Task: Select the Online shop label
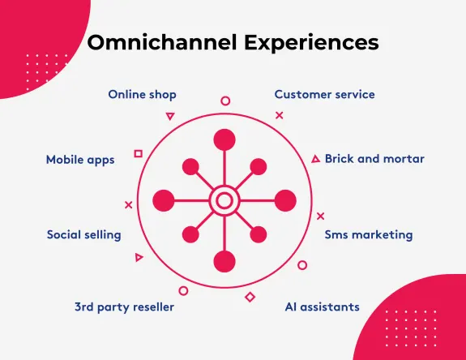(142, 94)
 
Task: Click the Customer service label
(324, 94)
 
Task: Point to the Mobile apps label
(80, 160)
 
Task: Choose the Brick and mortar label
(374, 158)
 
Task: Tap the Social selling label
(83, 234)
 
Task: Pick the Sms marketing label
(369, 234)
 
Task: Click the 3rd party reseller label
(124, 306)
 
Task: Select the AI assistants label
(322, 306)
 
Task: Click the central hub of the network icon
(224, 199)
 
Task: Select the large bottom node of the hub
(224, 261)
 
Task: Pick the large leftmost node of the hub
(164, 199)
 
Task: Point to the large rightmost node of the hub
(285, 199)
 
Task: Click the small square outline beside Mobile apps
(138, 153)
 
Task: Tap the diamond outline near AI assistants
(250, 297)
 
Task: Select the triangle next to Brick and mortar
(315, 159)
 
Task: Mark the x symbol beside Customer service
(280, 115)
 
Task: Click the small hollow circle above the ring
(225, 101)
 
